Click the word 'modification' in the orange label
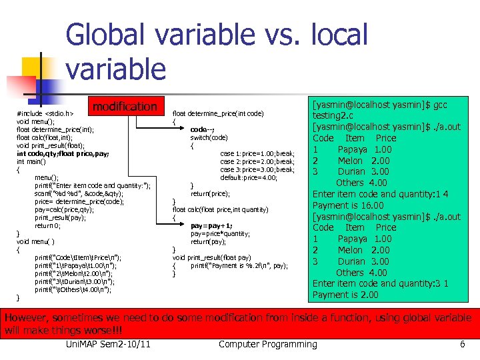(x=125, y=107)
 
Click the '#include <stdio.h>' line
(x=45, y=114)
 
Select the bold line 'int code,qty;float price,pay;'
(x=63, y=153)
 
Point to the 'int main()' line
(x=31, y=161)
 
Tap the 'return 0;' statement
(x=53, y=225)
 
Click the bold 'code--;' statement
(x=202, y=129)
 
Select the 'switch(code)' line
(x=209, y=137)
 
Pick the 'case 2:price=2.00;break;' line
(x=257, y=161)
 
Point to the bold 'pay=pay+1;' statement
(x=211, y=226)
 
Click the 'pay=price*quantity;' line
(x=220, y=234)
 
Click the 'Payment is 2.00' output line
(x=345, y=295)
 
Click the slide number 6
(x=462, y=344)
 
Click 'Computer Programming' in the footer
(x=268, y=344)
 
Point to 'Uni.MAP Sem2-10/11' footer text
(x=108, y=344)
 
